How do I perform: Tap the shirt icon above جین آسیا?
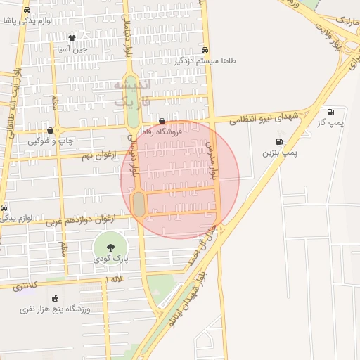pos(72,38)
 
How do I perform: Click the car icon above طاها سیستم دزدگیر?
pos(205,50)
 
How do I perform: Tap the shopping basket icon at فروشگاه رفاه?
pos(162,122)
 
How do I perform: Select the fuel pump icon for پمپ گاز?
pos(330,111)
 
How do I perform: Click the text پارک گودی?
pos(111,259)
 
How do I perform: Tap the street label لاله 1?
pos(112,280)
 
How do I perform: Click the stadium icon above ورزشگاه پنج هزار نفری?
pos(56,298)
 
